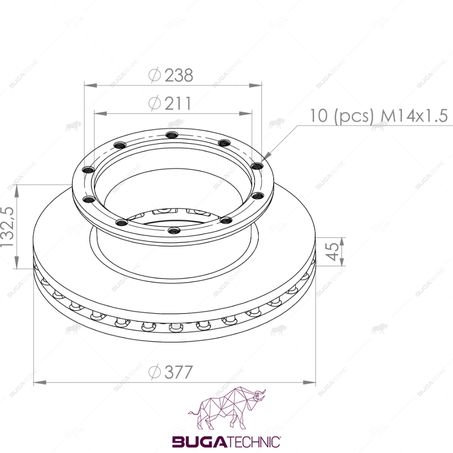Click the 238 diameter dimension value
coord(179,75)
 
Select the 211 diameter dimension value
coord(178,103)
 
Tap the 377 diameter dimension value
coord(178,372)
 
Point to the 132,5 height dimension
coord(8,227)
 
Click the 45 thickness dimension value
coord(332,251)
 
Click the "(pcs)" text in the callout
coord(353,116)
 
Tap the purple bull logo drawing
coord(227,409)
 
